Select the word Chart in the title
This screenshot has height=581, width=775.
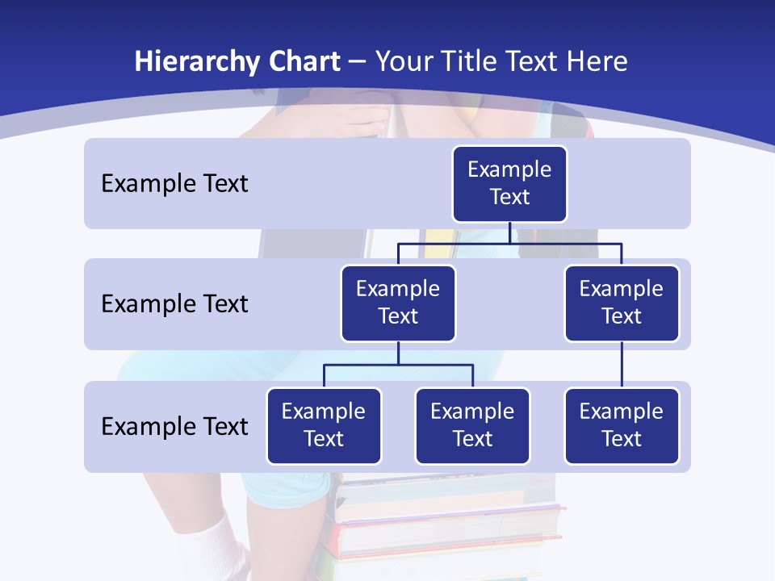tap(303, 62)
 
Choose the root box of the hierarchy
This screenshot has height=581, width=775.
tap(509, 184)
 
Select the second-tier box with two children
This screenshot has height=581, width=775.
tap(398, 303)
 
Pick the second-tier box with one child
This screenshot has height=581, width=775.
tap(622, 303)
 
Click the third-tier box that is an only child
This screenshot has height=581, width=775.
tap(622, 426)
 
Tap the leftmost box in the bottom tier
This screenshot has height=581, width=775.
tap(324, 426)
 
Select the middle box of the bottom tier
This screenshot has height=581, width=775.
tap(472, 426)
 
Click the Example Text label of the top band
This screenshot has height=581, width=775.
tap(174, 184)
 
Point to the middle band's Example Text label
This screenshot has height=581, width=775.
tap(174, 304)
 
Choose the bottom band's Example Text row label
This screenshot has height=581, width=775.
tap(174, 427)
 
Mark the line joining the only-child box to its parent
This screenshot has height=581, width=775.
tap(622, 365)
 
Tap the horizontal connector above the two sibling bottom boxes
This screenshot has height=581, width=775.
tap(398, 365)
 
